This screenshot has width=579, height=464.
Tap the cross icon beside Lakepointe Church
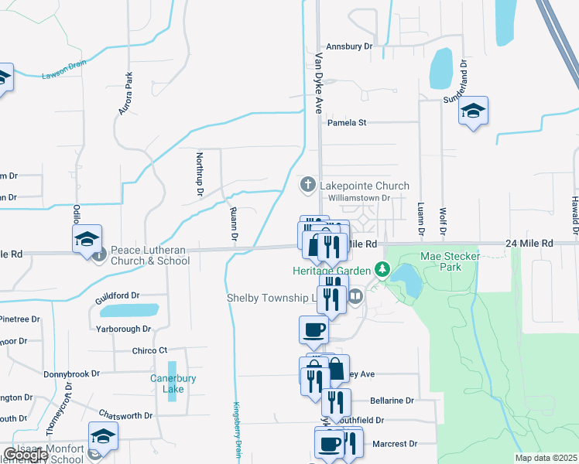[307, 185]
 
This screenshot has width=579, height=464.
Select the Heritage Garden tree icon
[381, 270]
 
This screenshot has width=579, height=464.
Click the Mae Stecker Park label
[451, 261]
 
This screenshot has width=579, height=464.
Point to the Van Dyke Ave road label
[318, 83]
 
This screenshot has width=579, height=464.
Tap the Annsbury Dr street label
[350, 46]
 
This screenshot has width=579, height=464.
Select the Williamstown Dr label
[360, 198]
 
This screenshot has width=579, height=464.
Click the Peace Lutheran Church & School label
[149, 255]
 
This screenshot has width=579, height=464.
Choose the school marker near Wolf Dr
[472, 111]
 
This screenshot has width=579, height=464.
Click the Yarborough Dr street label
[123, 329]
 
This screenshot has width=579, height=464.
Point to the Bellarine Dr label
[392, 401]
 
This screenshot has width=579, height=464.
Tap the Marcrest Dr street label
[395, 444]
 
